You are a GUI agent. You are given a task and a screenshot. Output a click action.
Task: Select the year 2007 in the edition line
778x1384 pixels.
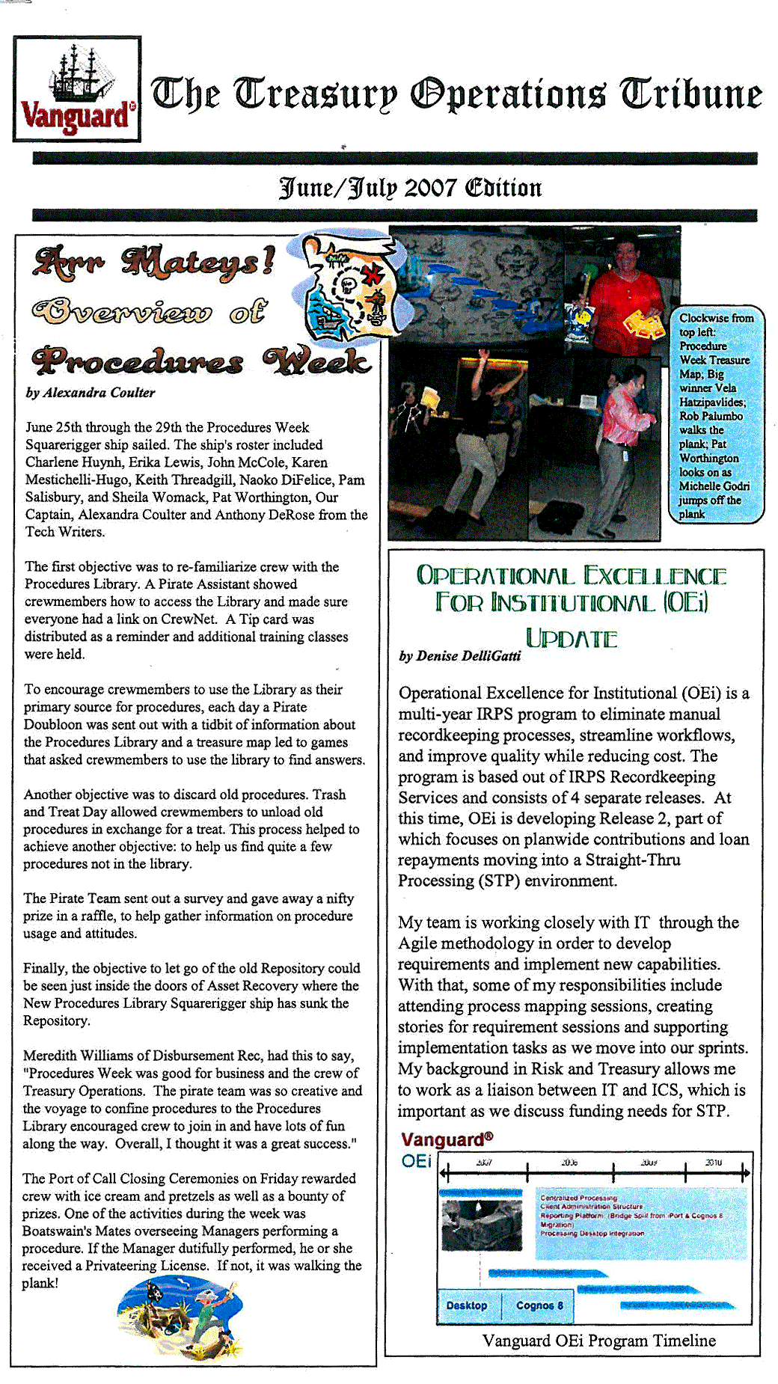pos(430,188)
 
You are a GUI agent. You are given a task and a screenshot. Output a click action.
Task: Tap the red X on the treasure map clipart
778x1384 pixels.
pos(371,275)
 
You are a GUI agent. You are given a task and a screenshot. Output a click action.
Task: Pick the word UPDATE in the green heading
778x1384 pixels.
pos(572,639)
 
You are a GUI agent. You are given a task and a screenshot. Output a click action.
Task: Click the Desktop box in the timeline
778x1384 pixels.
pos(467,1305)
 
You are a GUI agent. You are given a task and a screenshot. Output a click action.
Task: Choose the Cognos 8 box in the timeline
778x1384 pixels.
pos(539,1305)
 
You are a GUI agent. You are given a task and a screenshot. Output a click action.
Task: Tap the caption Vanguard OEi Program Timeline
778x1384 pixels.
pos(598,1341)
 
